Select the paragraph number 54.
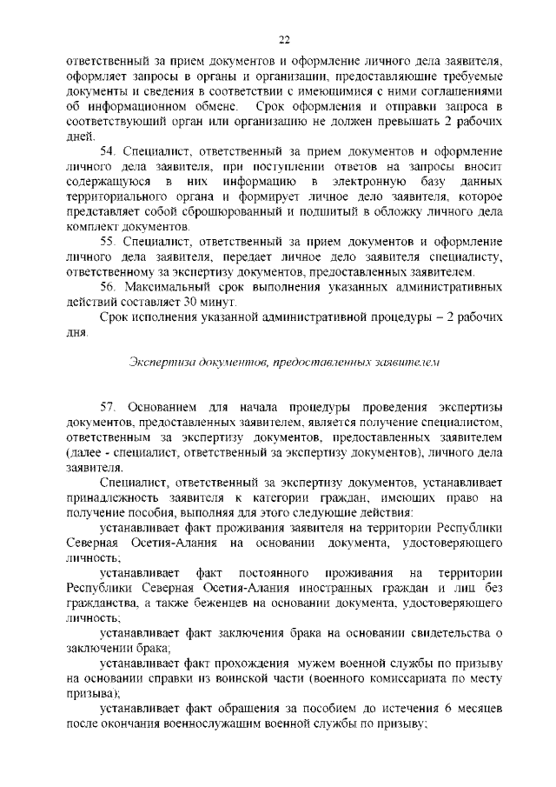click(x=108, y=151)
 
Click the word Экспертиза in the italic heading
click(x=160, y=361)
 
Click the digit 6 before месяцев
click(x=446, y=708)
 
